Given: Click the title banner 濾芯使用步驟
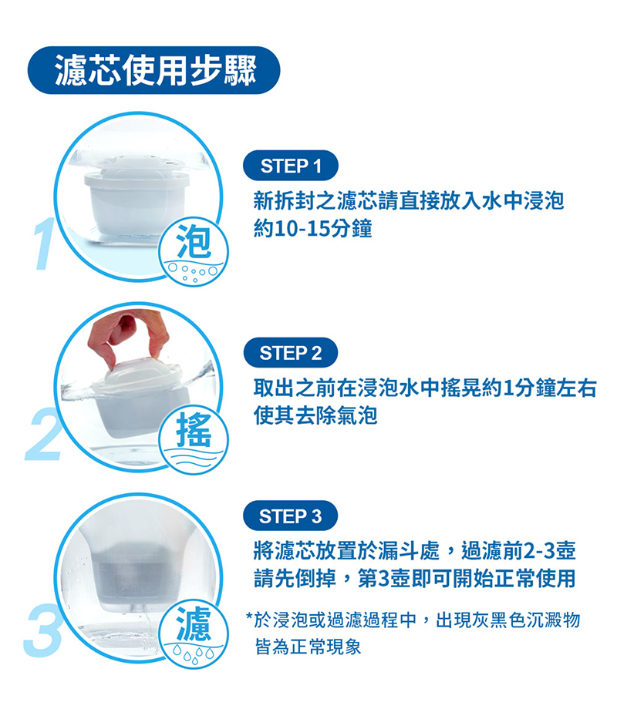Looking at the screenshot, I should tap(153, 72).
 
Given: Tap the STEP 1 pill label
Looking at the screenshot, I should tap(290, 166).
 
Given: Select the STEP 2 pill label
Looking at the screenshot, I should tap(290, 354).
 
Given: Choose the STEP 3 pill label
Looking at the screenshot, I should tap(290, 516).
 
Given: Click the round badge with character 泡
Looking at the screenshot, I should tap(193, 249).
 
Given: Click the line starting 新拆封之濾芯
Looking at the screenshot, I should tap(409, 203).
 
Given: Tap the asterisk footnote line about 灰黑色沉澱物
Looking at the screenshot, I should tap(413, 620).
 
